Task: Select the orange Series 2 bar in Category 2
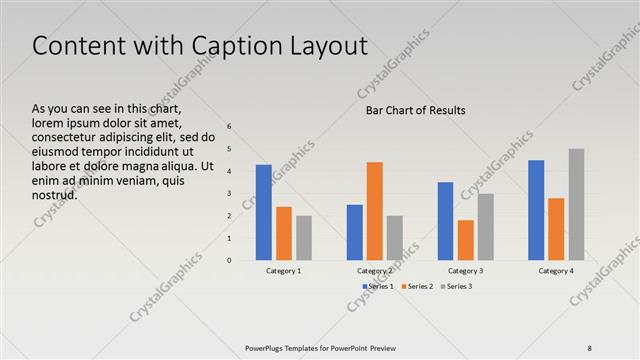374,211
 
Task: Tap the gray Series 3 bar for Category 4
577,204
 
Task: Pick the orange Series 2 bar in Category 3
465,240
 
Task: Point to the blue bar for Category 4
536,210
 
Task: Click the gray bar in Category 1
304,238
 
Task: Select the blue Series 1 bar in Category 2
354,232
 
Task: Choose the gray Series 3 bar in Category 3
485,227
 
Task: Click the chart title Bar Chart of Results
415,110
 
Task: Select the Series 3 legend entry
459,287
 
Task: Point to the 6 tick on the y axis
229,127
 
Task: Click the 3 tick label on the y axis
229,194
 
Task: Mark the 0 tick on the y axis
229,260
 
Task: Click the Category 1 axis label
284,271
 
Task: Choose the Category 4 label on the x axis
556,271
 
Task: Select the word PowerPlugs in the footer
268,347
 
